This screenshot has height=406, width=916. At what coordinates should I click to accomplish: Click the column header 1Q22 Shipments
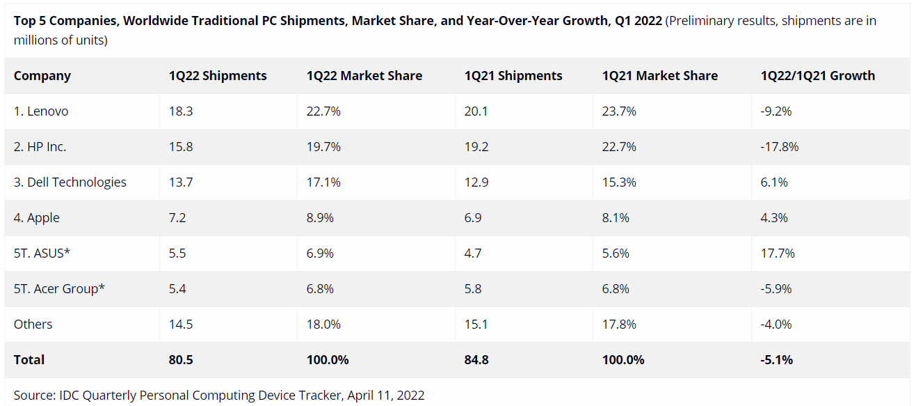click(218, 76)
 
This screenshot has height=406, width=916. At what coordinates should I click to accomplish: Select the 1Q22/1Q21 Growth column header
click(818, 76)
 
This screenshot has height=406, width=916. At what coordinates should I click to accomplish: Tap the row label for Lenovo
click(41, 111)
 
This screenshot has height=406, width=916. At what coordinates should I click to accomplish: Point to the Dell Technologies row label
click(70, 182)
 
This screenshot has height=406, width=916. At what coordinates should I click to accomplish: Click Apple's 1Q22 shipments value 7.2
click(177, 218)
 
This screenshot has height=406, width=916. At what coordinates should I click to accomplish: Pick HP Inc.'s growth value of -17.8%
click(780, 147)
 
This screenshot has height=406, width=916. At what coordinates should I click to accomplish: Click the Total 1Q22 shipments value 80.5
click(180, 360)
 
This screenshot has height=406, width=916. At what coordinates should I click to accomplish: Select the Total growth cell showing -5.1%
click(777, 360)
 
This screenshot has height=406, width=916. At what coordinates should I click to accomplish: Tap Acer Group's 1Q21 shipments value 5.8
click(473, 289)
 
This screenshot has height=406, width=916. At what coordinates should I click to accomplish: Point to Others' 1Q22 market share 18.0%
click(323, 325)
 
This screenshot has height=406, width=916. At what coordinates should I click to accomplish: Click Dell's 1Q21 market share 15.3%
click(619, 182)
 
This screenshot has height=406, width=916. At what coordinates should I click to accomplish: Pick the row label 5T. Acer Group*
click(59, 289)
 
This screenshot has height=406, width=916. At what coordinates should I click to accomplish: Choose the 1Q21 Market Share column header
click(659, 76)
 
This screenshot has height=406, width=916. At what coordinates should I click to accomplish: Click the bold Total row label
click(29, 360)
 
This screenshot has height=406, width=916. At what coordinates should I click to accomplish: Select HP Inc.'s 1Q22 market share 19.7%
click(323, 147)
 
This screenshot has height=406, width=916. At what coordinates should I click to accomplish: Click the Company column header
click(42, 76)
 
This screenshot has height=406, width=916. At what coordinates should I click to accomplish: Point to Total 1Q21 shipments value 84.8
click(477, 360)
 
